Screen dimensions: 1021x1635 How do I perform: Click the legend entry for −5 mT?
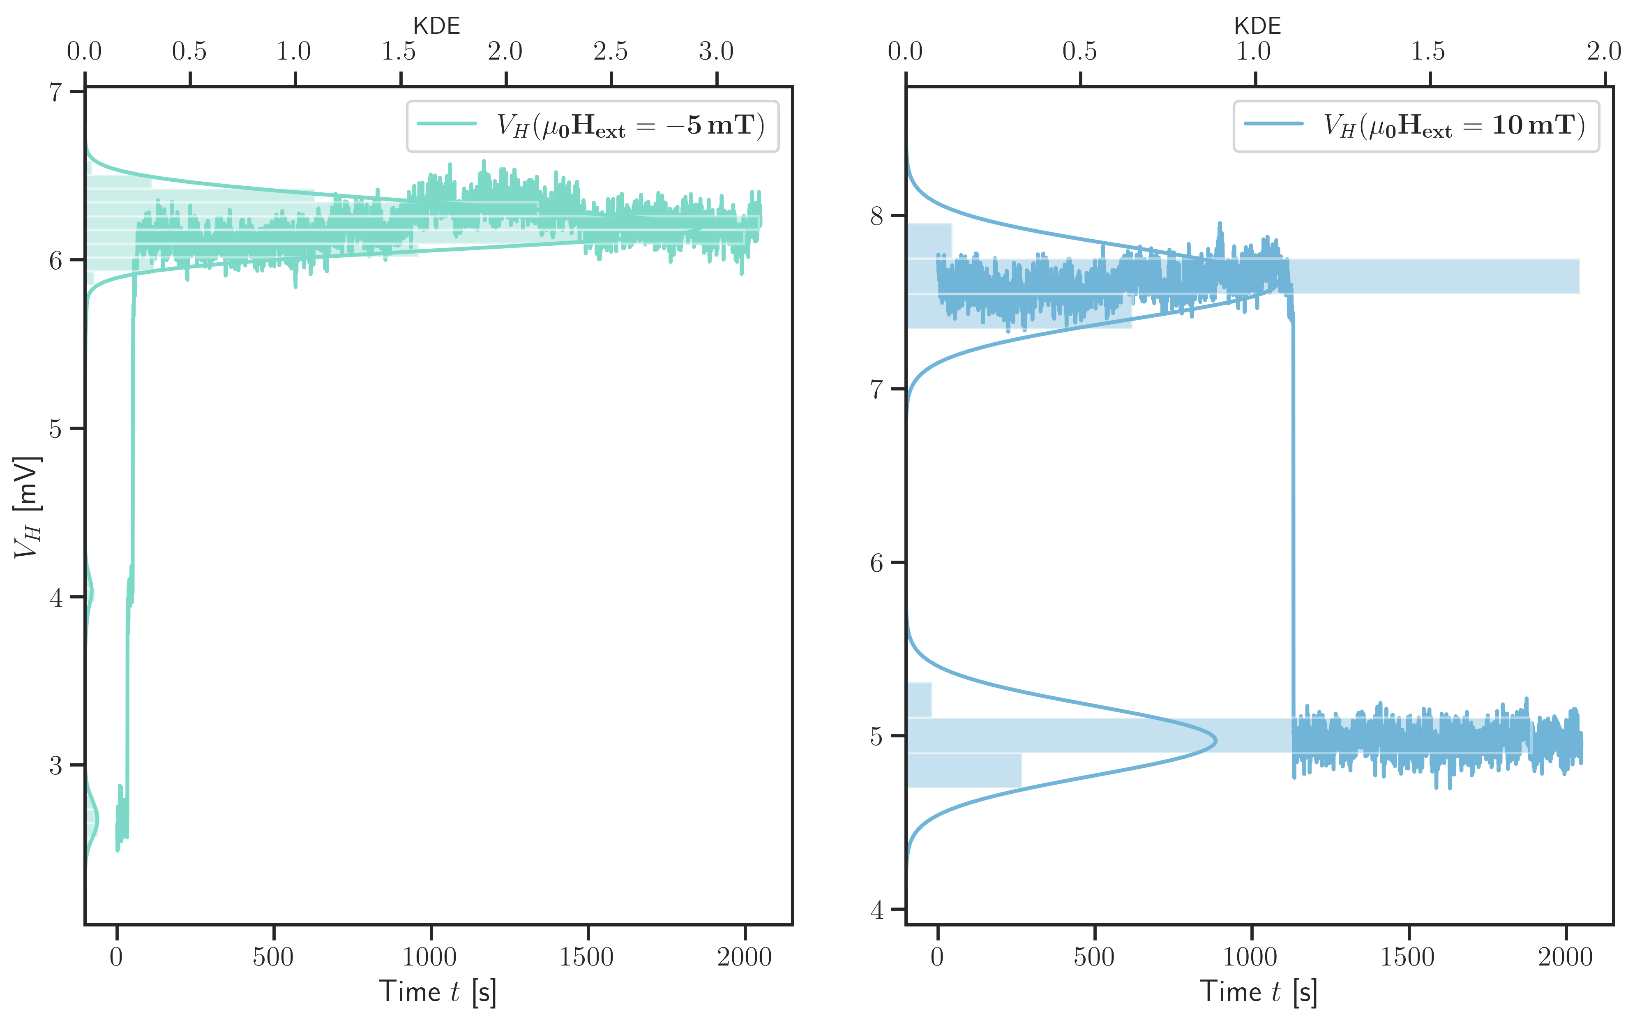coord(592,126)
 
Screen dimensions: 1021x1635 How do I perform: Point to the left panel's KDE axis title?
coord(437,26)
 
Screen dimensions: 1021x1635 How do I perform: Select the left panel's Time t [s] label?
coord(438,992)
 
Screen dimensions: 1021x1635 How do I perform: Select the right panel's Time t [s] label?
coord(1258,992)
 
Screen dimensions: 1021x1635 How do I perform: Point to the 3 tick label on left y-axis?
coord(56,766)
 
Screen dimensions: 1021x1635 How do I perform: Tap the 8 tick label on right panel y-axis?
coord(877,216)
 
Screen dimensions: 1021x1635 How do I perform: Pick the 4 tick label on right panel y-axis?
coord(877,910)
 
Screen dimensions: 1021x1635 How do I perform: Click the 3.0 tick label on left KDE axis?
coord(716,51)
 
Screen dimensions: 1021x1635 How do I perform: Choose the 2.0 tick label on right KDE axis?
coord(1604,51)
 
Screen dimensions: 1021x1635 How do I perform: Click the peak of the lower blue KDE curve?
coord(1215,741)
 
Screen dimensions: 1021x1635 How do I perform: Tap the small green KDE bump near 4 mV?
coord(92,593)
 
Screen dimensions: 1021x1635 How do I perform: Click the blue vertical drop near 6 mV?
coord(1294,562)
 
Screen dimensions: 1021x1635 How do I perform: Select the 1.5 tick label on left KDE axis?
coord(399,51)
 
